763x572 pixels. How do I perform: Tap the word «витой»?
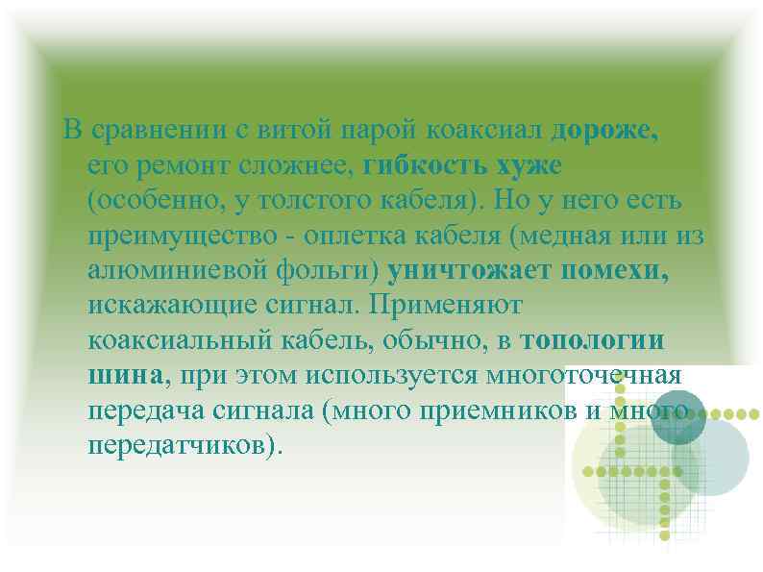click(x=282, y=130)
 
